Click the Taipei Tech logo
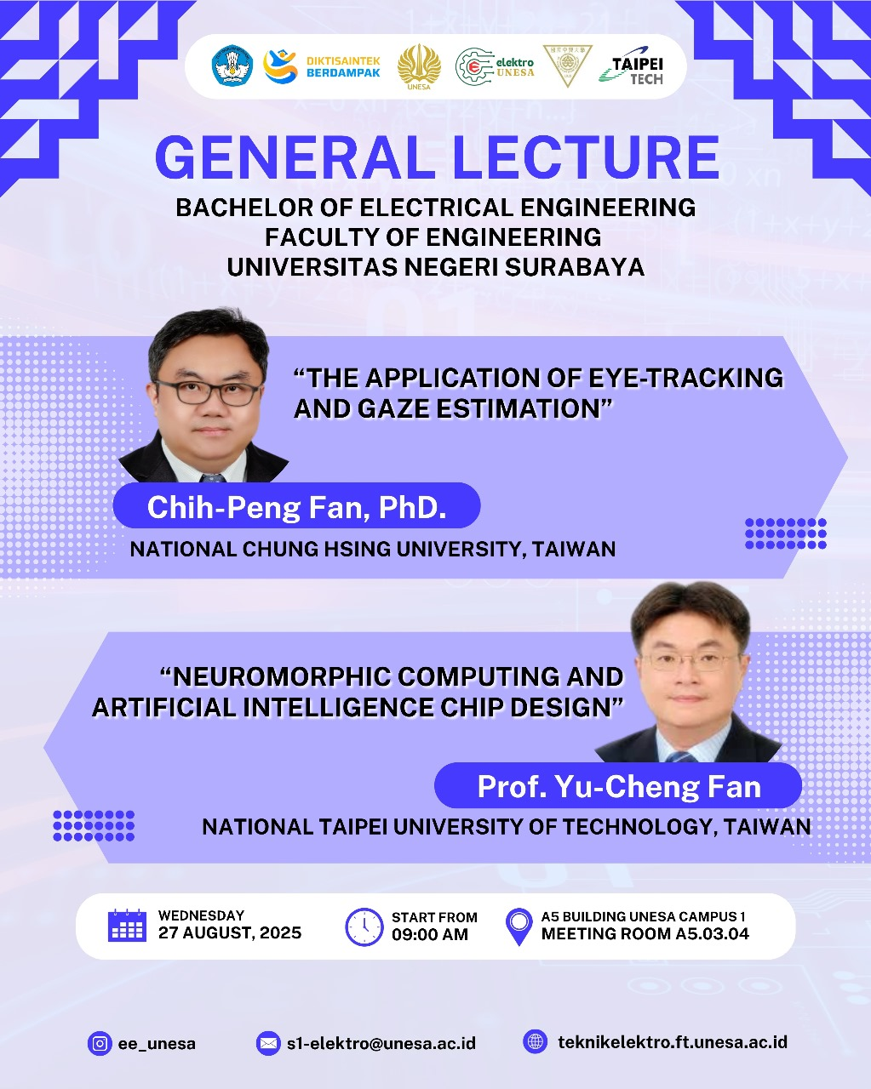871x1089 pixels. pos(631,66)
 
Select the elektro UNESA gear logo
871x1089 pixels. pos(495,66)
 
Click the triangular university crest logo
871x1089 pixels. pos(567,66)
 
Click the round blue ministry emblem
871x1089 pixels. pos(232,66)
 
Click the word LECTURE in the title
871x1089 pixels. pos(586,157)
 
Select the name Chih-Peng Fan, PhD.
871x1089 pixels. pos(297,507)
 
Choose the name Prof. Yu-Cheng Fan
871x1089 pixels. pos(619,787)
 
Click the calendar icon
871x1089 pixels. pos(127,926)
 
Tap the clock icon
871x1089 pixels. pos(364,927)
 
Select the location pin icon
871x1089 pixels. pos(519,927)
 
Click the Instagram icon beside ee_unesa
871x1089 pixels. pos(100,1043)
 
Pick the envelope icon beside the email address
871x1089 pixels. pos(268,1043)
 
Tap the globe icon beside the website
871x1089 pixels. pos(536,1042)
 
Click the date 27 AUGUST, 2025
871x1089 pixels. pos(230,933)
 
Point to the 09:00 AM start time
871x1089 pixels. pos(430,935)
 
